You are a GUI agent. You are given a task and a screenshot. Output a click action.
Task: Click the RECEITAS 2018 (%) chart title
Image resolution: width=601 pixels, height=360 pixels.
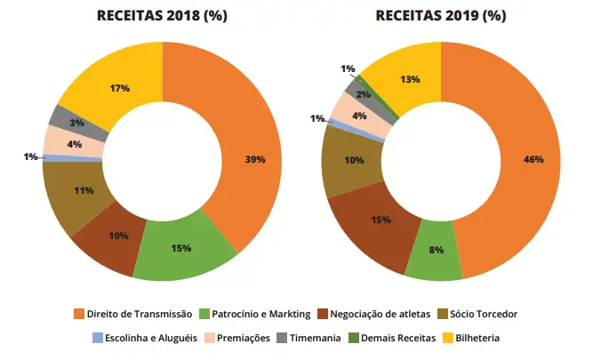[x=161, y=16]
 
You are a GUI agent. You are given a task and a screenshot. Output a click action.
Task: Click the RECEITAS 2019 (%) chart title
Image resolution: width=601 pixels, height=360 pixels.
[x=441, y=16]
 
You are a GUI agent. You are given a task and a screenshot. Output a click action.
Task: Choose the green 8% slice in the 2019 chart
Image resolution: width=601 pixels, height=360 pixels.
[x=436, y=252]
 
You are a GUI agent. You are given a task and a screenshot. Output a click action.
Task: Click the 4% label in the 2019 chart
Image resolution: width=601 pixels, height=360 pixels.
[x=358, y=116]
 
